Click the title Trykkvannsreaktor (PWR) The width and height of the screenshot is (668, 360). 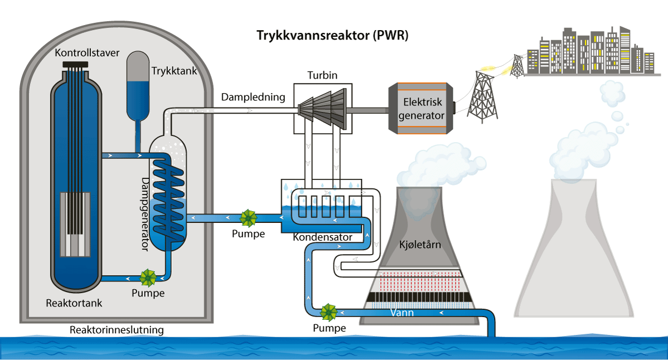333,36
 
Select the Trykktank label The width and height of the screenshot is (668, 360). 171,71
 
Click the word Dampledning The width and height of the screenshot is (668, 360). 253,97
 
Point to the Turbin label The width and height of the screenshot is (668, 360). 322,75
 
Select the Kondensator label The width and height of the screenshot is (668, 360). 322,237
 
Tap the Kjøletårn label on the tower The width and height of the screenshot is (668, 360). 419,245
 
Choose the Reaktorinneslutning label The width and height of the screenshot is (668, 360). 117,330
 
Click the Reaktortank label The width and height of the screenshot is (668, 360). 74,303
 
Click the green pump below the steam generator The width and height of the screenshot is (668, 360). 148,277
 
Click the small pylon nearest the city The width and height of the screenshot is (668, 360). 517,65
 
